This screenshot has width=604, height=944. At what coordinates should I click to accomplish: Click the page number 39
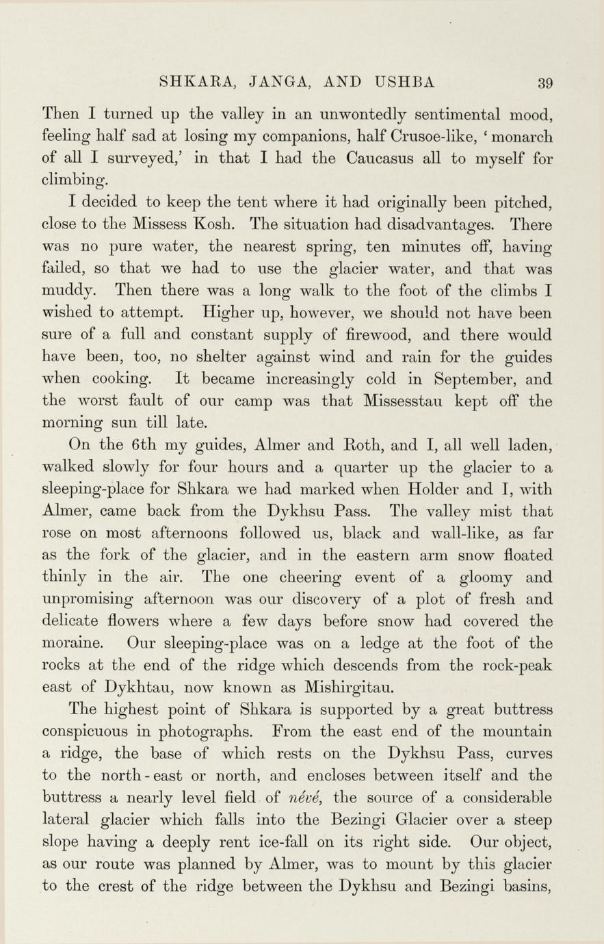pyautogui.click(x=545, y=84)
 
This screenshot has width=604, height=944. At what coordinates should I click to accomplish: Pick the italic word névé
pyautogui.click(x=300, y=798)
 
